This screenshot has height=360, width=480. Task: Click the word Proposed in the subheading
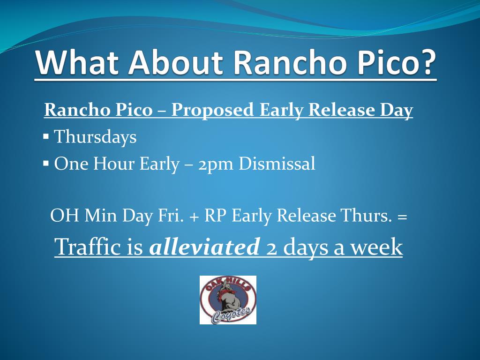coord(212,110)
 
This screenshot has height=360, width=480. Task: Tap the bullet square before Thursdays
coord(46,136)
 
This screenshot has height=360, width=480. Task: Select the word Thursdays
coord(95,136)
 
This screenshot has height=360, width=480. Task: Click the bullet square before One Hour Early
coord(46,163)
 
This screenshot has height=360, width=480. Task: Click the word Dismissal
coord(277,163)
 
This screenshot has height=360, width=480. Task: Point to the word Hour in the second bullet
coord(113,163)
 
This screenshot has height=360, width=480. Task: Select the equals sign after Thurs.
coord(402,217)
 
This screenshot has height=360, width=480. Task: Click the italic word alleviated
coord(204,247)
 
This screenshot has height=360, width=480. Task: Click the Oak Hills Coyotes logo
coord(228,300)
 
